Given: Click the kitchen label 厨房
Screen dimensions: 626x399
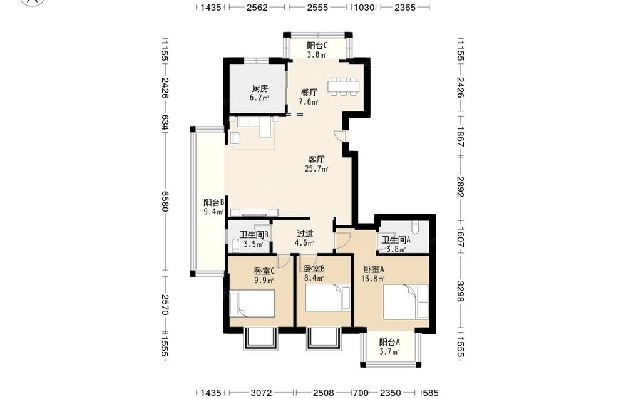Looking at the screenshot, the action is (x=260, y=88).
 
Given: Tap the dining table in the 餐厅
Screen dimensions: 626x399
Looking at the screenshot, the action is (x=344, y=86).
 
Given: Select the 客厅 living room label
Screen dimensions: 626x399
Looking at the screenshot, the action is (x=316, y=160).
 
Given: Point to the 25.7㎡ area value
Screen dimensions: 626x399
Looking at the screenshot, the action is (x=317, y=169).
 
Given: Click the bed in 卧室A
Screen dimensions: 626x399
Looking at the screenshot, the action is (x=406, y=301).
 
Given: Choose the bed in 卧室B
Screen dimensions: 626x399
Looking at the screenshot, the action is (x=328, y=298).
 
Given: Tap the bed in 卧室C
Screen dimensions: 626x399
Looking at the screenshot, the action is (x=252, y=304).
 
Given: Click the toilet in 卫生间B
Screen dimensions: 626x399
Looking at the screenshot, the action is (x=235, y=244).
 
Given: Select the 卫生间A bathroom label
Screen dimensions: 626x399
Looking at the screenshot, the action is (x=396, y=240).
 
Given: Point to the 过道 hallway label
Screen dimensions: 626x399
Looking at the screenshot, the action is (x=305, y=234).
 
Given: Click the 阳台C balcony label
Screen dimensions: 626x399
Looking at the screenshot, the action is (x=317, y=46).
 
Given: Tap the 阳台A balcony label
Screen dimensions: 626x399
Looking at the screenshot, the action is (x=389, y=342).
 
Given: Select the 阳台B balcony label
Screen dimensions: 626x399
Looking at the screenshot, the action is (x=213, y=202).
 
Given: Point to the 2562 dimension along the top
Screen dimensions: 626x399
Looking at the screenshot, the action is (x=257, y=7).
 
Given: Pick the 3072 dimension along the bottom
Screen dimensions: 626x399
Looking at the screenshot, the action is (x=261, y=393).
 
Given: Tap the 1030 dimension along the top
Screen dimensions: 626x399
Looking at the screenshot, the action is (x=364, y=7).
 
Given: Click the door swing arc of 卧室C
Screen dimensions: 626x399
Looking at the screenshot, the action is (x=283, y=261).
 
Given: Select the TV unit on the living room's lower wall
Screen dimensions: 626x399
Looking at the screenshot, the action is (x=254, y=212).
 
